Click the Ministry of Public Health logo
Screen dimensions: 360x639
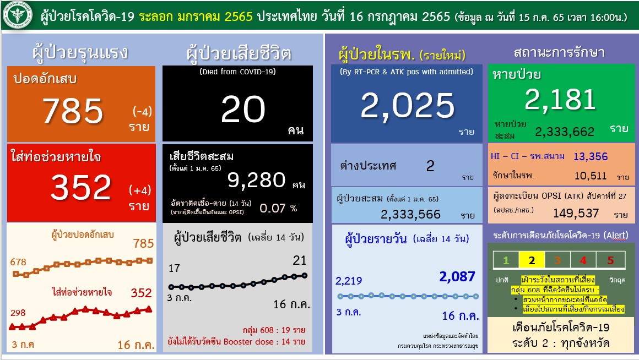18,17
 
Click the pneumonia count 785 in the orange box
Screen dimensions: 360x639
73,111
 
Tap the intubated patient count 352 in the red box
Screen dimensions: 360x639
80,188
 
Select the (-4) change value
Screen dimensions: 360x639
142,112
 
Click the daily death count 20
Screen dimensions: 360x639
243,110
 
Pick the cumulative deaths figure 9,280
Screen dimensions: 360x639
256,179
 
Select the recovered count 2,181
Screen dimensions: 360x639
560,100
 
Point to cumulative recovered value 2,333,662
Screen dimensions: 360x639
565,132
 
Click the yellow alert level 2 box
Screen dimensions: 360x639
532,260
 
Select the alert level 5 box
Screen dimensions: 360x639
610,260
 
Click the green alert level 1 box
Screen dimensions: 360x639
506,260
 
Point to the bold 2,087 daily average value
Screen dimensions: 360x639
457,276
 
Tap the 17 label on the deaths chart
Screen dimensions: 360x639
174,269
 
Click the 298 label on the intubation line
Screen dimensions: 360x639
18,313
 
